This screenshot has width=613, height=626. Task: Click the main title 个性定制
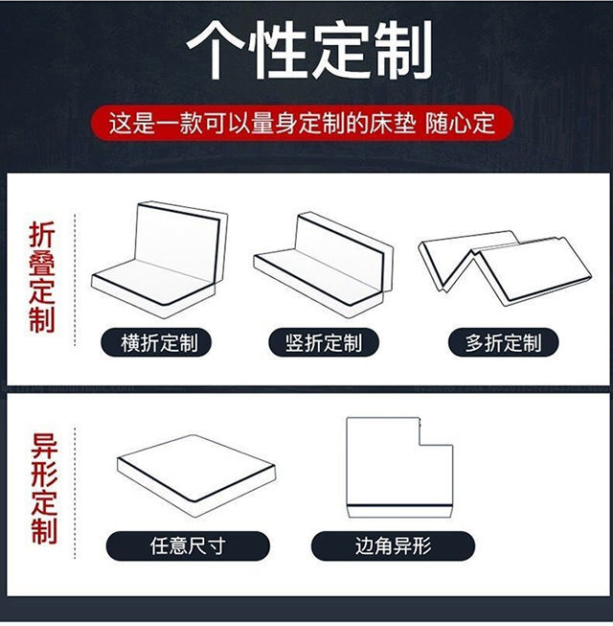coord(309,50)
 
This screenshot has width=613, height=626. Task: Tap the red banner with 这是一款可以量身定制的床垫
coord(302,123)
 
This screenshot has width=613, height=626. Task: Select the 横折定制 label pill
coord(156,342)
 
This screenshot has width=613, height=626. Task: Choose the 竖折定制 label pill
coord(324,342)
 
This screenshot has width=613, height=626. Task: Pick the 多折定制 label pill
coord(503,342)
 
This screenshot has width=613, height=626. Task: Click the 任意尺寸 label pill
coord(188,545)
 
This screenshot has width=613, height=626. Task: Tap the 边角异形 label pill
coord(394,545)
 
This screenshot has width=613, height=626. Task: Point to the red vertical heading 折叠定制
coord(42,277)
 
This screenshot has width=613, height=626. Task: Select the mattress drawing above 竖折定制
coord(323,266)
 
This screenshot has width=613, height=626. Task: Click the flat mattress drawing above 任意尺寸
coord(196,475)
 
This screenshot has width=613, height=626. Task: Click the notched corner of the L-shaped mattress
coord(420,445)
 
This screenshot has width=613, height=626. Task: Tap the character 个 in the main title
coord(216,50)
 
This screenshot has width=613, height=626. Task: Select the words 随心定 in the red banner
coord(461,123)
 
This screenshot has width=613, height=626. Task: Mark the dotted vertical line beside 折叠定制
coord(75,280)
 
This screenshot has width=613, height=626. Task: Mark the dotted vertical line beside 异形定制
coord(75,494)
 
